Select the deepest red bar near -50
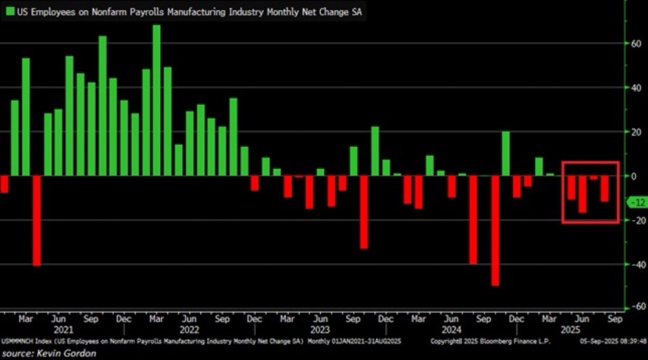tap(495, 231)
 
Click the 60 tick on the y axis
tap(630, 43)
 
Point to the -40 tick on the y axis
tap(630, 264)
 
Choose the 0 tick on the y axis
tap(632, 176)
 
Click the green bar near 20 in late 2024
tap(506, 154)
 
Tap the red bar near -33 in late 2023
tap(364, 212)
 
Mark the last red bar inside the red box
tap(604, 189)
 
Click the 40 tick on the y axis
tap(630, 87)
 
